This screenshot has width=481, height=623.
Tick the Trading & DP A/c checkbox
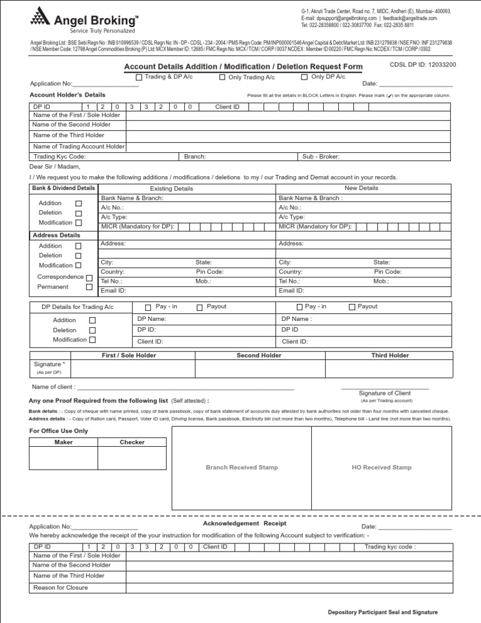pyautogui.click(x=139, y=78)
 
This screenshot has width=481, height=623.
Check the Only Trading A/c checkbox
pyautogui.click(x=222, y=78)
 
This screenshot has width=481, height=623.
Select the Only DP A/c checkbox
pyautogui.click(x=304, y=78)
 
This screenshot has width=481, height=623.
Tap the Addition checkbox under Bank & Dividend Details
pyautogui.click(x=78, y=204)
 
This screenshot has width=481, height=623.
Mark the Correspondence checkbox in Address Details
pyautogui.click(x=89, y=278)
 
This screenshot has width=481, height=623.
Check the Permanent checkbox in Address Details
pyautogui.click(x=89, y=287)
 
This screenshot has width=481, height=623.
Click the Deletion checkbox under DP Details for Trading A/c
pyautogui.click(x=92, y=330)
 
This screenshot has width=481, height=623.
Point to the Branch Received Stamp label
pyautogui.click(x=242, y=468)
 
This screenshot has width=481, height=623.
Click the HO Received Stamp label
pyautogui.click(x=381, y=468)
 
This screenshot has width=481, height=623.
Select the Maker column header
pyautogui.click(x=64, y=442)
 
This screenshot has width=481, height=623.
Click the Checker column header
pyautogui.click(x=132, y=442)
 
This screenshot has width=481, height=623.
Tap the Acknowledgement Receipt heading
pyautogui.click(x=244, y=523)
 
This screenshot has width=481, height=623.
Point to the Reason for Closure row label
pyautogui.click(x=61, y=587)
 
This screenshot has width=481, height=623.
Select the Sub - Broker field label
pyautogui.click(x=321, y=156)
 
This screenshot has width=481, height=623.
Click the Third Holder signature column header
pyautogui.click(x=390, y=355)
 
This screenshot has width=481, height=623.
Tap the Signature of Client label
pyautogui.click(x=385, y=393)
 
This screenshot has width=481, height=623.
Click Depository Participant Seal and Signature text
pyautogui.click(x=383, y=612)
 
